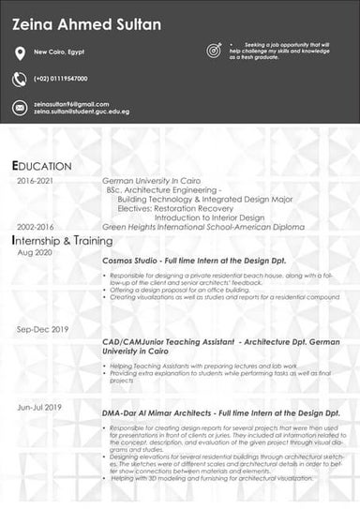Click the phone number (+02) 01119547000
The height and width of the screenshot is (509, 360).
point(60,79)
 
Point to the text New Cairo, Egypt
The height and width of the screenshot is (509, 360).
point(60,52)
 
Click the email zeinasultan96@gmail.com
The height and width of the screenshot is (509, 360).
point(71,103)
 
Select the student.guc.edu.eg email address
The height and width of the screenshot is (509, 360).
point(82,112)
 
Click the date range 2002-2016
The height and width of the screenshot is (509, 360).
point(35,227)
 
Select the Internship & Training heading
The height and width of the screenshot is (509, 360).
point(62,241)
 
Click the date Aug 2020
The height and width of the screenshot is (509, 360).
point(34,253)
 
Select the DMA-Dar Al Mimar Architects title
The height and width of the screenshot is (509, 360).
point(219,412)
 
